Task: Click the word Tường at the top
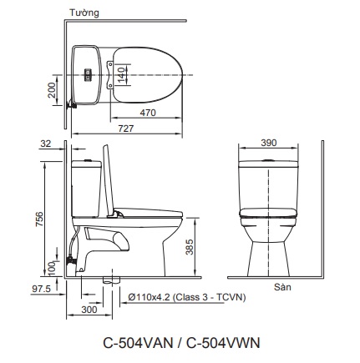point(84,13)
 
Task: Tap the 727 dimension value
point(126,129)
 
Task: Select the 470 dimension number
point(148,113)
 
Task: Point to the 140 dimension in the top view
point(122,74)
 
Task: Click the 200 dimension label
point(52,90)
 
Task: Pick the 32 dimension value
point(46,144)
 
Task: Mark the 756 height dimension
point(39,219)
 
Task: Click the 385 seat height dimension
point(190,247)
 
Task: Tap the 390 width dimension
point(269,143)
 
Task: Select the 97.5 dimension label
point(41,289)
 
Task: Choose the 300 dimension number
point(89,310)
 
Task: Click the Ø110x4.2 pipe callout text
point(187,297)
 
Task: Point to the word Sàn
point(282,287)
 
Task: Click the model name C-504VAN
point(138,343)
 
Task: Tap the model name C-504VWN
point(223,343)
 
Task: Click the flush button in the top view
point(88,75)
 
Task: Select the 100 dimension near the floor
point(52,268)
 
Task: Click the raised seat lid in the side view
point(109,180)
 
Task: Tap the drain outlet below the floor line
point(112,280)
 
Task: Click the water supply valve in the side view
point(71,261)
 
